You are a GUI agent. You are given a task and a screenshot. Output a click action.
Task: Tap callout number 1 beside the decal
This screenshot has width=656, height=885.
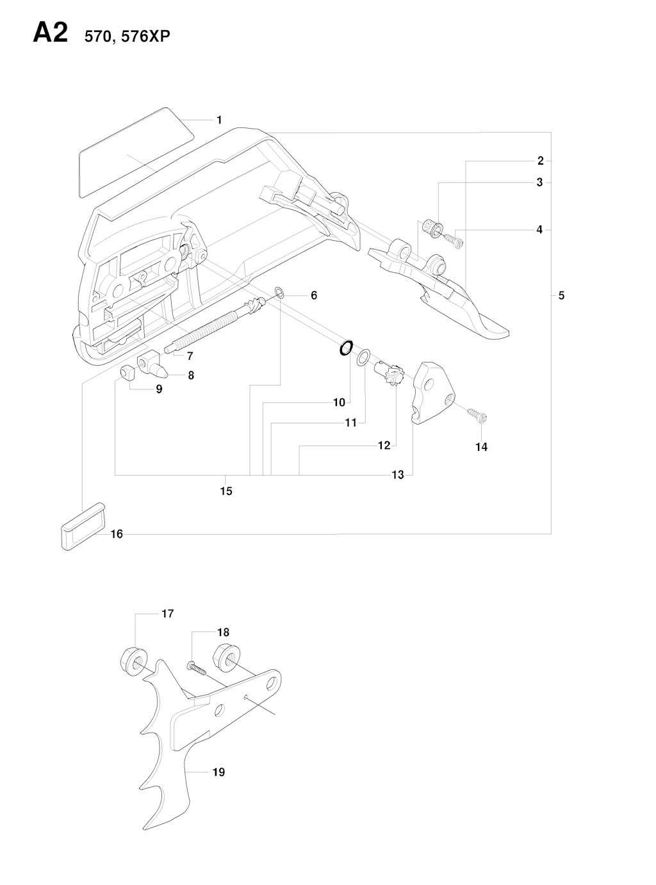[219, 120]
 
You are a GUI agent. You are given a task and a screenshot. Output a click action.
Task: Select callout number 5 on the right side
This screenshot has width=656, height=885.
[561, 295]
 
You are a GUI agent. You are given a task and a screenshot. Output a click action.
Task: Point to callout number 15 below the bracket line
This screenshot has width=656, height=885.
[226, 491]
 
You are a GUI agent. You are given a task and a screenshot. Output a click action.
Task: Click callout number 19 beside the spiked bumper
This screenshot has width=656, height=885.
[218, 772]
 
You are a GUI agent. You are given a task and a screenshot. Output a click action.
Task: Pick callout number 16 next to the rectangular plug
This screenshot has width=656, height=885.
[117, 533]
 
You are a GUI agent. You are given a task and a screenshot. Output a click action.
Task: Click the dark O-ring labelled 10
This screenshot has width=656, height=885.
[345, 348]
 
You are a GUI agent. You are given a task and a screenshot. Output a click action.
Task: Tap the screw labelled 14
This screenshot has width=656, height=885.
[478, 416]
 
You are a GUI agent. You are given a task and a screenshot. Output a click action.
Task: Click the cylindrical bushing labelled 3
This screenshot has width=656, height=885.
[434, 227]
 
